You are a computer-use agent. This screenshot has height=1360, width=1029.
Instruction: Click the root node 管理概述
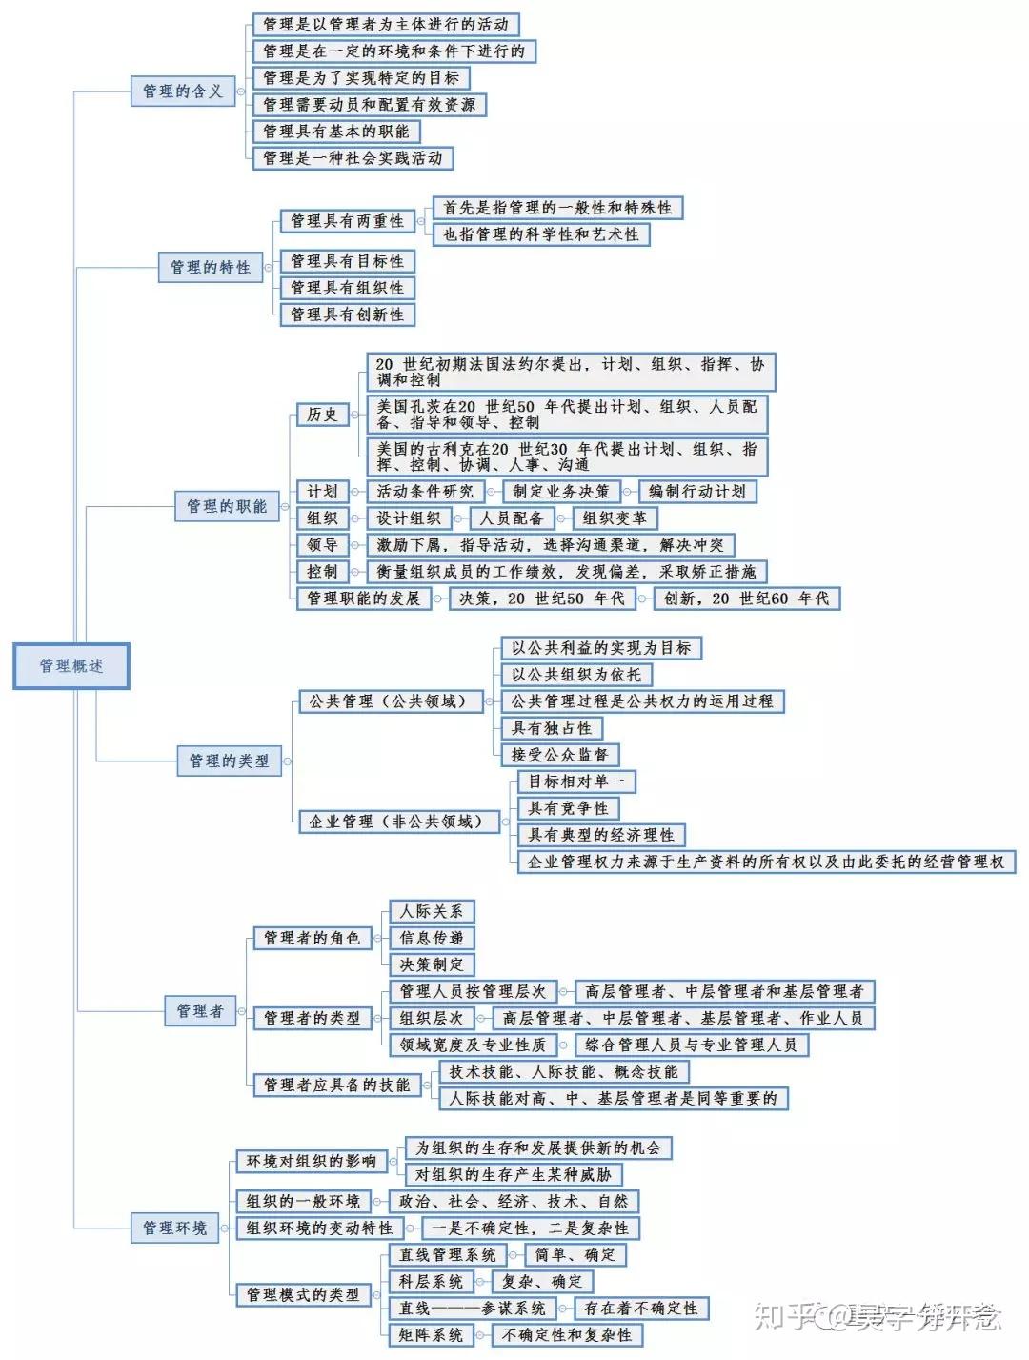point(71,666)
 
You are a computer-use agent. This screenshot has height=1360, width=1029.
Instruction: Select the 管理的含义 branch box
point(183,91)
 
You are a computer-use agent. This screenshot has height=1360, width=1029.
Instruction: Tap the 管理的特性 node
point(211,267)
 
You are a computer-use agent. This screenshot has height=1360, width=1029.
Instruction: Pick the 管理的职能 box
point(227,506)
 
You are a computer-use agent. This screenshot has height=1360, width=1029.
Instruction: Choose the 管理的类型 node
point(229,761)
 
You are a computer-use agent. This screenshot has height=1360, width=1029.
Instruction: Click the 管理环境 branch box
point(174,1228)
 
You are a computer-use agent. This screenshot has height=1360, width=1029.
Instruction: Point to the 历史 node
point(323,414)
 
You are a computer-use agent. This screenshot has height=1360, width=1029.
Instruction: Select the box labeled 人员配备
point(511,518)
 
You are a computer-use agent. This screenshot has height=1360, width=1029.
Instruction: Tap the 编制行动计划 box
point(697,492)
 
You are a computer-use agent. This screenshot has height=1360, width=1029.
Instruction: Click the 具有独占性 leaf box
point(551,728)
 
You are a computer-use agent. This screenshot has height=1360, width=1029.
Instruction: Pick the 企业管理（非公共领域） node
point(398,822)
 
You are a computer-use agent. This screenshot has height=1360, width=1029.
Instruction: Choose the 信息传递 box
point(432,938)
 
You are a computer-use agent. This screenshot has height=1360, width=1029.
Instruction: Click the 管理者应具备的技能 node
point(337,1085)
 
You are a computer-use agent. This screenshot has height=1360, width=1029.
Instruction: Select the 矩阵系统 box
point(431,1334)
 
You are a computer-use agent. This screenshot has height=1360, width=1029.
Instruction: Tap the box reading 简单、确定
point(575,1254)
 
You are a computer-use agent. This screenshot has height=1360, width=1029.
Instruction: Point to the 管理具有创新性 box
point(348,315)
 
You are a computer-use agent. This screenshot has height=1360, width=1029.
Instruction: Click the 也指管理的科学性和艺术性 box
point(541,234)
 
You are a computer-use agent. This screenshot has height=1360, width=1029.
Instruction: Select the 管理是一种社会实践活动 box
point(353,158)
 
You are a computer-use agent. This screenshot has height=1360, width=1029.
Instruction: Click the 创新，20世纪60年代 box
point(747,599)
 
